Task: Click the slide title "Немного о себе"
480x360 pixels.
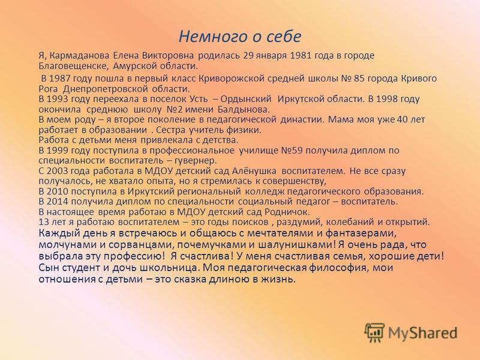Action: point(240,37)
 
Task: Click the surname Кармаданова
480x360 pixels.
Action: point(79,55)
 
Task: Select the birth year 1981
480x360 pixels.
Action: point(301,55)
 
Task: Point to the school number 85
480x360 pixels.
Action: point(359,79)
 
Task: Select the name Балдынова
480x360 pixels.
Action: point(244,109)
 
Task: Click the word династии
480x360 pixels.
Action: point(302,119)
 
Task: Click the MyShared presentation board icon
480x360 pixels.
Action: point(374,332)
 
